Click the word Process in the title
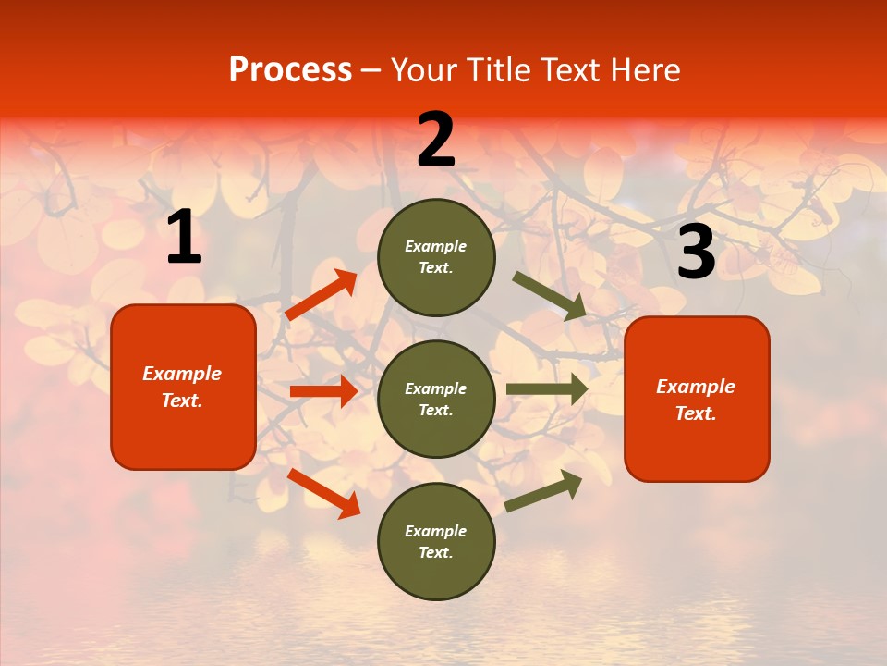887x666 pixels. click(x=290, y=70)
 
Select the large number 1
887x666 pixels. click(x=184, y=238)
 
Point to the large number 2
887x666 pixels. click(x=436, y=140)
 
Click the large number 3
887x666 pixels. click(x=696, y=252)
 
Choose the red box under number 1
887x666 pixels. click(x=183, y=387)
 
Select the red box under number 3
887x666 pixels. click(x=697, y=399)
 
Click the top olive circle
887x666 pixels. click(x=436, y=257)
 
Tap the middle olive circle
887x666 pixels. click(x=436, y=399)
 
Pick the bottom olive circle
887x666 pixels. click(x=436, y=541)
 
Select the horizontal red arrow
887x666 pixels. click(x=323, y=391)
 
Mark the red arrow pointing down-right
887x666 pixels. click(x=323, y=492)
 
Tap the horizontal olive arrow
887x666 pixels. click(x=547, y=389)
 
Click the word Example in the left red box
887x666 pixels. click(x=182, y=374)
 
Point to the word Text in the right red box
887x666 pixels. click(x=695, y=413)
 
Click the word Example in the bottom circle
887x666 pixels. click(x=436, y=531)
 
